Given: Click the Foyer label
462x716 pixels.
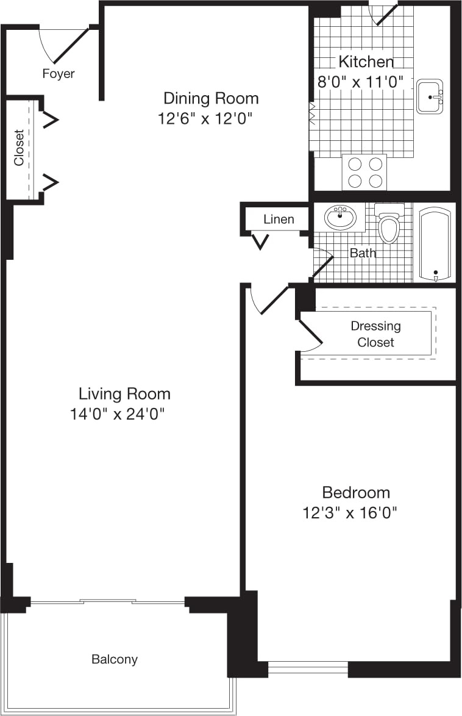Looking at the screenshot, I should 59,74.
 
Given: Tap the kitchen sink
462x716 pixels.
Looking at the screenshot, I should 430,97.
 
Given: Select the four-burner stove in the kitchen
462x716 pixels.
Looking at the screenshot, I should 364,172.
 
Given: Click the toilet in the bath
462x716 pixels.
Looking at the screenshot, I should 388,224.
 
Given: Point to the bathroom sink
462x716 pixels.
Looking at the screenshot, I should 339,217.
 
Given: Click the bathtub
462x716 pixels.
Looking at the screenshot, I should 435,244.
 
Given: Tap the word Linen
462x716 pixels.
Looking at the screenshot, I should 279,220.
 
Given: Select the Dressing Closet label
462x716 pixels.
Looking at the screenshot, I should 375,334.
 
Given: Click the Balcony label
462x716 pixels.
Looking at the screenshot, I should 115,659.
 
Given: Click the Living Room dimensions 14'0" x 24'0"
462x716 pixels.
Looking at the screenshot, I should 118,415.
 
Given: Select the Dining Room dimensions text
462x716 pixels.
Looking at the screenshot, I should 205,118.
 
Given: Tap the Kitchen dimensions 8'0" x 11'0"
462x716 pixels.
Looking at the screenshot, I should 361,82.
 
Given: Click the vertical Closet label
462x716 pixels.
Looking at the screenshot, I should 20,147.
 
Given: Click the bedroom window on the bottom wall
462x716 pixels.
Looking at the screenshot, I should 308,668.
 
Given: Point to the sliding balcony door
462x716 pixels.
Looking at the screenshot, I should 107,602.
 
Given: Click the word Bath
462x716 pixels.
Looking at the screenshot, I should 363,252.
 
